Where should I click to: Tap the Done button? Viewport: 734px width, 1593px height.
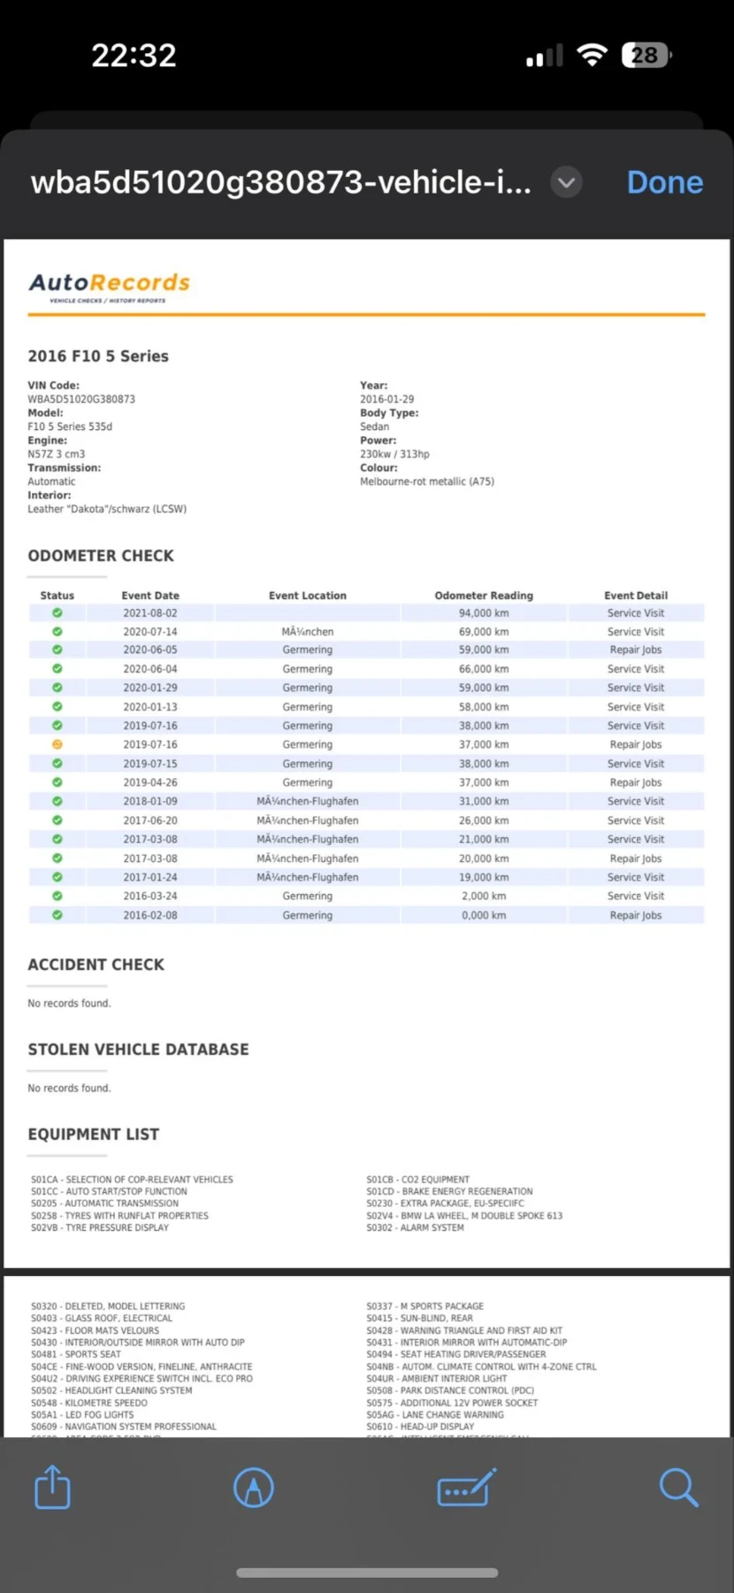click(664, 182)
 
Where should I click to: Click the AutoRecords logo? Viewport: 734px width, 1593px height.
click(110, 285)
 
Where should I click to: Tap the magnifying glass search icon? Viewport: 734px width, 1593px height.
click(678, 1487)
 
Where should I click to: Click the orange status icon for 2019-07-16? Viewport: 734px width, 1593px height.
click(57, 744)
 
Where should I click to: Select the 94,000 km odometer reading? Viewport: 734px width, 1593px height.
click(484, 612)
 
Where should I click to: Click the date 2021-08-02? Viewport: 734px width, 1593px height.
click(150, 612)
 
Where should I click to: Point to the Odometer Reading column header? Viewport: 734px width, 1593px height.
click(484, 596)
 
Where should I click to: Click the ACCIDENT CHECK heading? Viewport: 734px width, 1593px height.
click(96, 965)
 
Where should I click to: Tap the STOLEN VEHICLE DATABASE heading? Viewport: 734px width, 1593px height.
click(139, 1050)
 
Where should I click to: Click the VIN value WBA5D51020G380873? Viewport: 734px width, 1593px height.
click(81, 399)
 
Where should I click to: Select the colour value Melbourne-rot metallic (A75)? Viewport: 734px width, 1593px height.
click(427, 481)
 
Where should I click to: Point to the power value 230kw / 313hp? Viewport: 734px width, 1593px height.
click(394, 454)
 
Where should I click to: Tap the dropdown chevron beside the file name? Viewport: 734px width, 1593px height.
click(567, 183)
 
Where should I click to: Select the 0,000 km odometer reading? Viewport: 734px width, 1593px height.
click(484, 915)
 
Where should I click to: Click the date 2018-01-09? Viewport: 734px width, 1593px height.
click(150, 801)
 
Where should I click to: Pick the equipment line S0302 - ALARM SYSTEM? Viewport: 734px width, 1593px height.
click(415, 1227)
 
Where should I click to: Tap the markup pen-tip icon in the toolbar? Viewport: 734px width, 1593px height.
click(254, 1487)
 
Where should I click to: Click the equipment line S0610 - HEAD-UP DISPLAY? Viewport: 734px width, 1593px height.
click(421, 1427)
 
